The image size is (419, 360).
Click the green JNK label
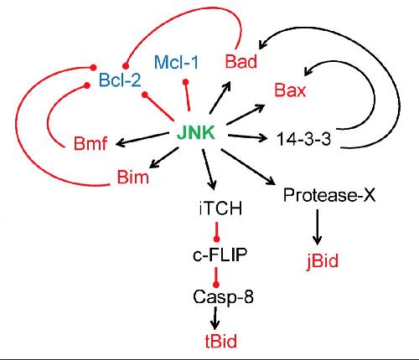point(196,133)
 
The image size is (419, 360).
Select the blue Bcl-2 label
point(120,80)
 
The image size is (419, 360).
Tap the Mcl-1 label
point(176,62)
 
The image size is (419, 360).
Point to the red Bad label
point(241,61)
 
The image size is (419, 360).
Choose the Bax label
point(290,90)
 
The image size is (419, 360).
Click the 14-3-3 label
point(303,139)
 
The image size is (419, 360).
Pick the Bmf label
point(91,143)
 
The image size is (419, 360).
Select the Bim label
point(132,177)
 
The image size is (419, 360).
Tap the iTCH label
point(220,208)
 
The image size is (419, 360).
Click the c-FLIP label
point(220,255)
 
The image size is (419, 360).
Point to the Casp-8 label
point(223,296)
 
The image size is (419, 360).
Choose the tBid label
point(221,341)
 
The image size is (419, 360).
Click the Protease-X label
point(329,195)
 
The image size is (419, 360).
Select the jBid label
point(323,261)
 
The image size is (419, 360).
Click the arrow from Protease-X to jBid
point(317,227)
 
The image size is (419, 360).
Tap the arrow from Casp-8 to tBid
point(215,318)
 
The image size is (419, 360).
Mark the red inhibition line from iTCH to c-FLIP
point(216,232)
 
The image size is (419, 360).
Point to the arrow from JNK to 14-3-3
point(247,136)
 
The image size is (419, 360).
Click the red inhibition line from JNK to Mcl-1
point(188,95)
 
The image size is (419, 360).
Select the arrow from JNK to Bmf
point(142,139)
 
